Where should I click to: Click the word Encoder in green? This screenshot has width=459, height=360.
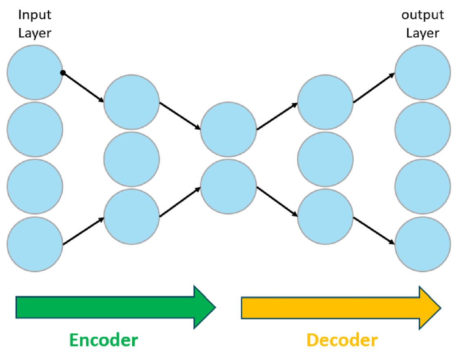tap(104, 340)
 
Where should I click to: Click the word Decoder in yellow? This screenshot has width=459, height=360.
tap(342, 340)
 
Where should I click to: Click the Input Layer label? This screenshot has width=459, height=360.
tap(35, 24)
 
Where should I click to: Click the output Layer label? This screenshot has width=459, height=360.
tap(422, 24)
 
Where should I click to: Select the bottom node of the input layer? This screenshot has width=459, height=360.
tap(35, 244)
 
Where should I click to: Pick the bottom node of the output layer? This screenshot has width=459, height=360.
tap(423, 244)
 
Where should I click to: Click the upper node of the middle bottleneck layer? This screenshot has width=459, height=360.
tap(228, 129)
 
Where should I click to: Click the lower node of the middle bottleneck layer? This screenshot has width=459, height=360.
tap(228, 187)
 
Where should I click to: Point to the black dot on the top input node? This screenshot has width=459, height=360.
tap(62, 73)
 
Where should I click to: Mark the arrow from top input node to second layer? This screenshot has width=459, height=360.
tap(84, 87)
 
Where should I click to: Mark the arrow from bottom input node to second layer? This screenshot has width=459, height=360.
tap(84, 231)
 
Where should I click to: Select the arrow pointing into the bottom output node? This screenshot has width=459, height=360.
tap(374, 231)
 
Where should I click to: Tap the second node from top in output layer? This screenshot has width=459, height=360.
tap(423, 129)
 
